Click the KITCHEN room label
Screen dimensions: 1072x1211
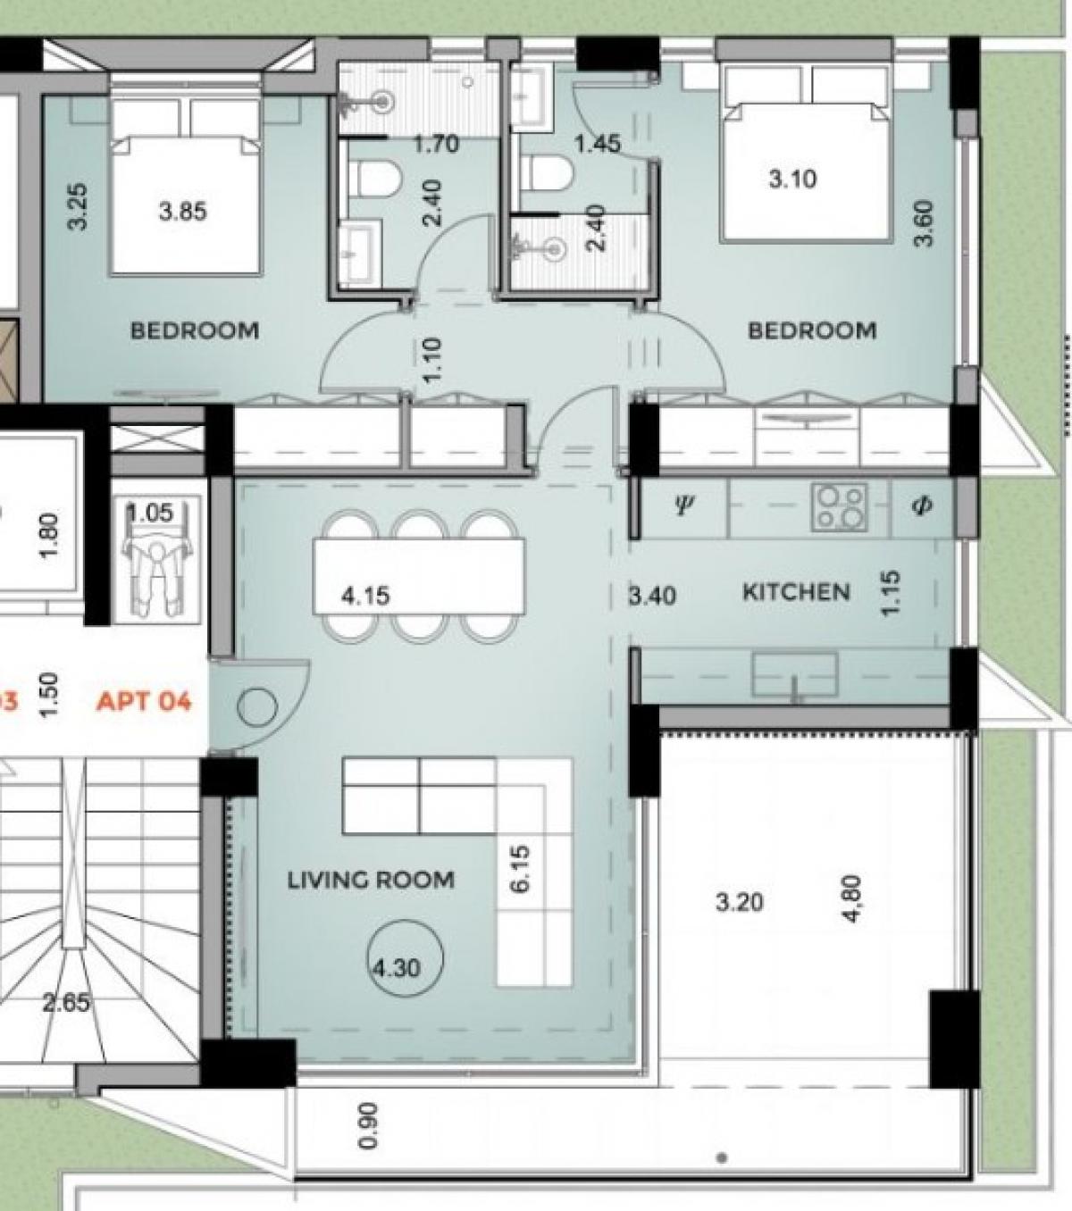tap(796, 592)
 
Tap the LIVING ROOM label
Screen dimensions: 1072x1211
tap(371, 880)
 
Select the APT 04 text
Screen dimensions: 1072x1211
tap(144, 700)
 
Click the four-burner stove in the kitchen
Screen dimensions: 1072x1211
tap(840, 507)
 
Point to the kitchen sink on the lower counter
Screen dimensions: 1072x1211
tap(794, 675)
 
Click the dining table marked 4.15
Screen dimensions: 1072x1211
tap(418, 576)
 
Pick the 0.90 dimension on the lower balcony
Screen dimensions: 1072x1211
tap(368, 1125)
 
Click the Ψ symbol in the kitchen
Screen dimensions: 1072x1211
tap(683, 505)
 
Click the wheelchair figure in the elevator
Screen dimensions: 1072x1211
tap(156, 574)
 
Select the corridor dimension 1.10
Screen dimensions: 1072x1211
tap(432, 360)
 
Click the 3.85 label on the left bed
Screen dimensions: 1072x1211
tap(182, 212)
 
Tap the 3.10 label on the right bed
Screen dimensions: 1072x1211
tap(792, 179)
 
